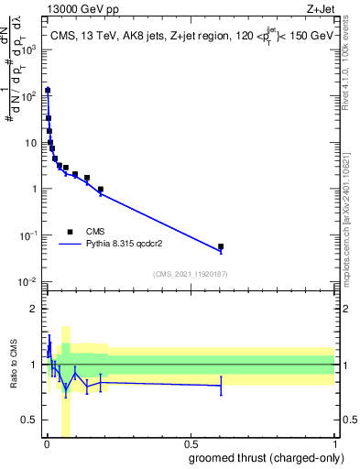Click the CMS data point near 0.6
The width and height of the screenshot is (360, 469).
221,246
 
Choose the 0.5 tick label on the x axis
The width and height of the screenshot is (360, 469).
190,444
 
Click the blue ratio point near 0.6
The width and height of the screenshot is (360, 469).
221,386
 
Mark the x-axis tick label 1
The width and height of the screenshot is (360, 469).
334,444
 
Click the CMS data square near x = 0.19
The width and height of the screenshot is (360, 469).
100,190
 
